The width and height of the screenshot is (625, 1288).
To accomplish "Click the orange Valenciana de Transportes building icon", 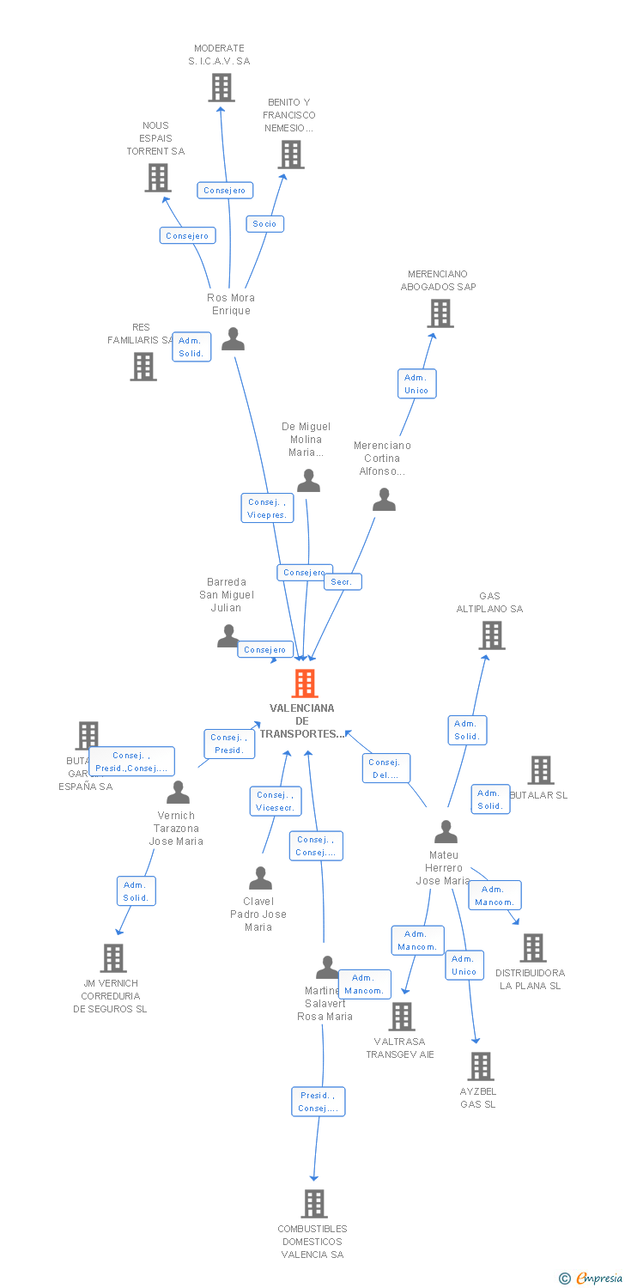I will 305,683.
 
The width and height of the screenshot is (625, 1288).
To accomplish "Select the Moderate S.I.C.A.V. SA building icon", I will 221,88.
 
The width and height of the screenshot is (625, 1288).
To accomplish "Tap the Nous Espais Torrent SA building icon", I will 158,178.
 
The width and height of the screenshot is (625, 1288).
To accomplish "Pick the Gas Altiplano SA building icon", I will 491,635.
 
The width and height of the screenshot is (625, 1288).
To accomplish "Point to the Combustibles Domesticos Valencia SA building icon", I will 314,1204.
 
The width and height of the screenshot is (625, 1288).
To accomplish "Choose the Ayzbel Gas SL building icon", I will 480,1066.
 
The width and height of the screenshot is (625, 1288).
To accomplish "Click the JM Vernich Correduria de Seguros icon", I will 113,958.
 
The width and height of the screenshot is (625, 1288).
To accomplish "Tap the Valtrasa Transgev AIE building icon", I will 402,1017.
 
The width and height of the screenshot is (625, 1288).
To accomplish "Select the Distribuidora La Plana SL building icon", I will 532,948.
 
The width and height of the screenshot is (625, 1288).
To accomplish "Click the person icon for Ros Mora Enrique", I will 233,339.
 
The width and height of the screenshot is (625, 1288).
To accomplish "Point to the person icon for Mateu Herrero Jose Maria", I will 446,832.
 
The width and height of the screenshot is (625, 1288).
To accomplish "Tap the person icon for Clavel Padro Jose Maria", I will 260,878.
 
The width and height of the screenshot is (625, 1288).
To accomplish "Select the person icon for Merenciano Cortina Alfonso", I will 384,500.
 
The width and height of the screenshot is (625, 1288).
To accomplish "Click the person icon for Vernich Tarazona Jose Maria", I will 178,792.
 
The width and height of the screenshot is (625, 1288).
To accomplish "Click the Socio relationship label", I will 264,224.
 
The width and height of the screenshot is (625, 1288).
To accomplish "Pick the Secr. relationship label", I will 343,582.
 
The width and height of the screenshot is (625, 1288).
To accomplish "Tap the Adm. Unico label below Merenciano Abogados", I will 416,384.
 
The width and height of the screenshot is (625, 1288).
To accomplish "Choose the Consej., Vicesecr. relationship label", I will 276,801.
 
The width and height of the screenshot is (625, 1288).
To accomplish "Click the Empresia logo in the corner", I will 592,1279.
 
